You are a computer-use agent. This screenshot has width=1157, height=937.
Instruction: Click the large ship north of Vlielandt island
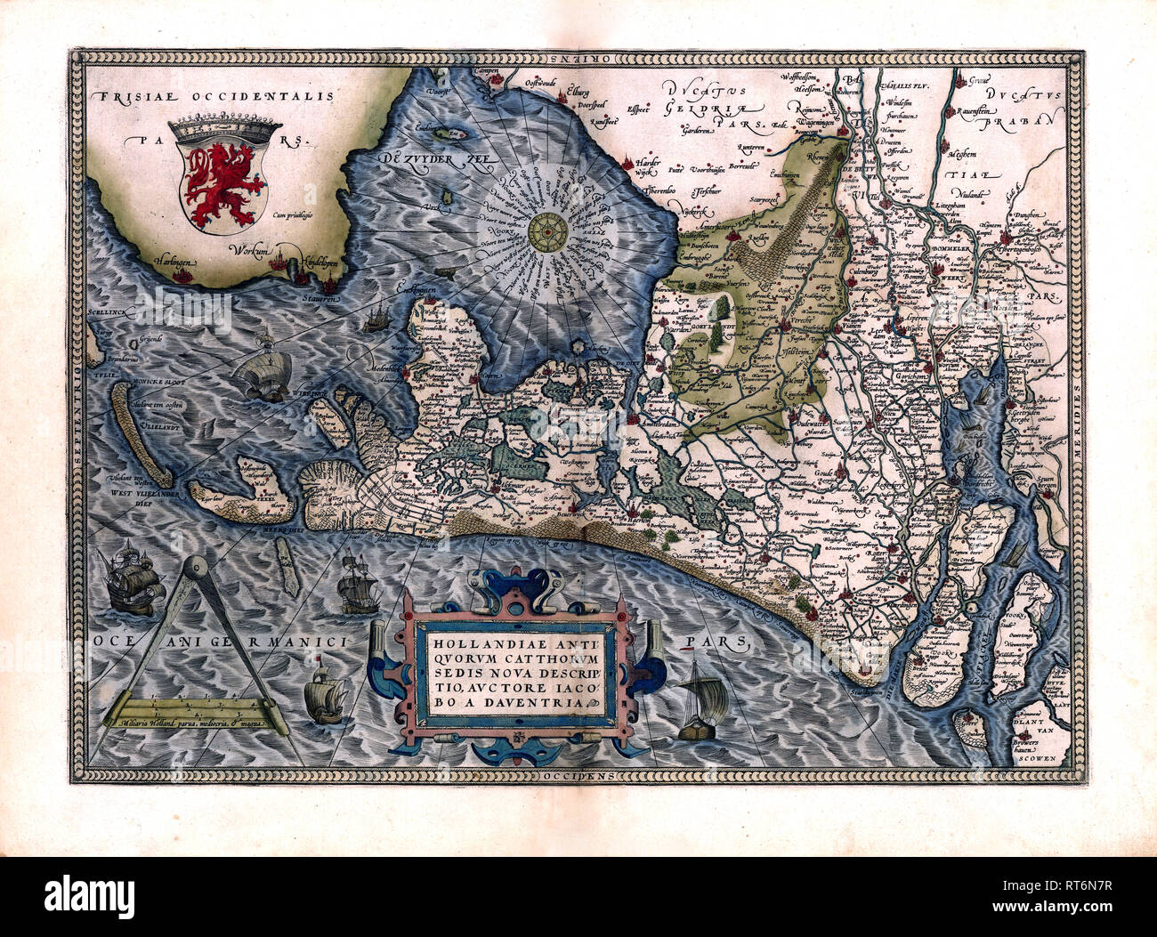pos(264,371)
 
